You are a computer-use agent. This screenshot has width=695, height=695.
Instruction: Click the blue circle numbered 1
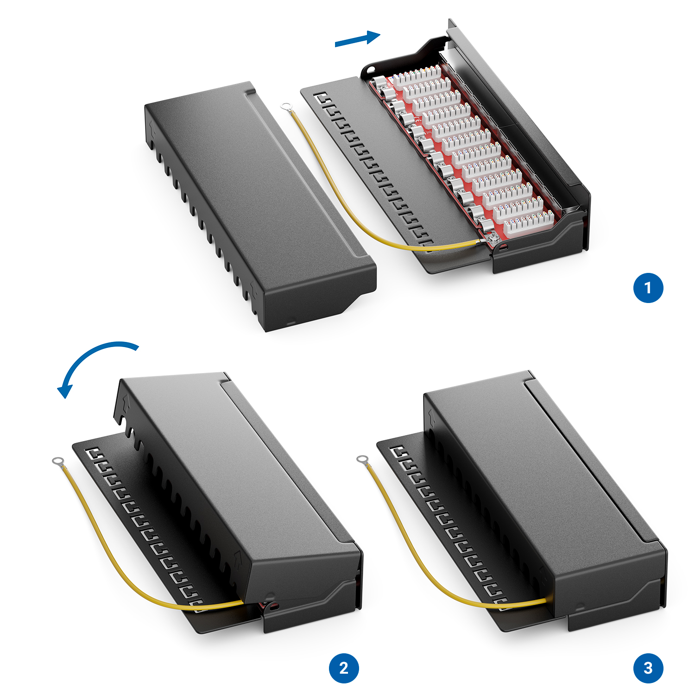click(648, 288)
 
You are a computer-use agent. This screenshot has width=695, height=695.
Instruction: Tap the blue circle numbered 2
click(344, 668)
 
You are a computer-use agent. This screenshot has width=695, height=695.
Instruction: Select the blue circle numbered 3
click(648, 668)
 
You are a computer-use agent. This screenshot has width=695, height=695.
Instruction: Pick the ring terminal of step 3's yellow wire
click(362, 459)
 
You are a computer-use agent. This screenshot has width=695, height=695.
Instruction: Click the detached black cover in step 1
click(259, 204)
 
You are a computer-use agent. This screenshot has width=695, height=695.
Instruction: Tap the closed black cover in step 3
click(544, 491)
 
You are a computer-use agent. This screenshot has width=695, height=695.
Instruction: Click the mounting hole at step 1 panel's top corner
click(370, 71)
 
